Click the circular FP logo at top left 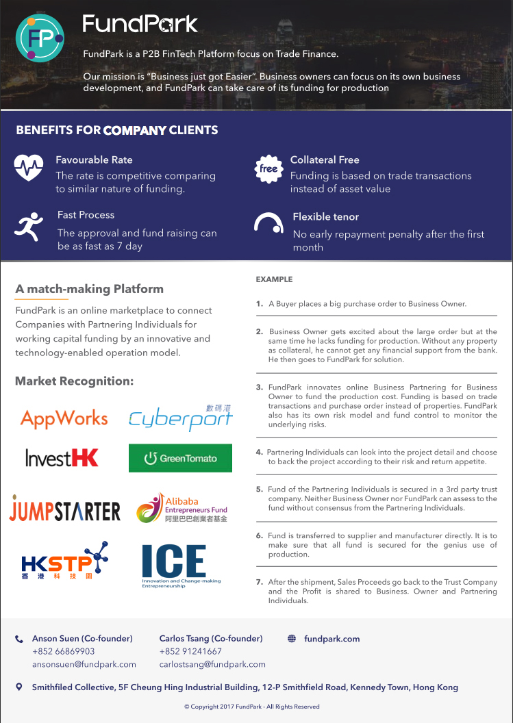[x=40, y=37]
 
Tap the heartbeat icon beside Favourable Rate [x=28, y=167]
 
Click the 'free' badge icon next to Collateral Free [x=268, y=168]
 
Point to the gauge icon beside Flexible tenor [x=268, y=223]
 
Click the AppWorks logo [x=64, y=418]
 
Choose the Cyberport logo [x=181, y=418]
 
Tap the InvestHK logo [x=62, y=457]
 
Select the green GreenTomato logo [x=180, y=458]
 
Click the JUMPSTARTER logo [x=65, y=509]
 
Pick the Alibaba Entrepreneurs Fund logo [x=182, y=508]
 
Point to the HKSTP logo [x=65, y=561]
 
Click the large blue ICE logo [x=174, y=565]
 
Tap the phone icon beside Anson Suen [x=19, y=639]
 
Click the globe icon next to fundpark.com [x=292, y=639]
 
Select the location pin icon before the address [x=19, y=687]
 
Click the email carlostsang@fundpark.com [x=212, y=664]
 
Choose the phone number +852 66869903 [x=64, y=651]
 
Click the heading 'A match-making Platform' [x=89, y=289]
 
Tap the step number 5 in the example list [x=260, y=490]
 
